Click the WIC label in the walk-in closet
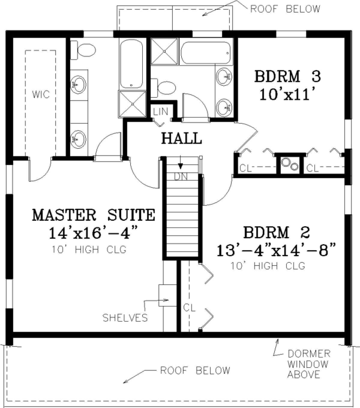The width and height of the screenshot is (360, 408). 41,94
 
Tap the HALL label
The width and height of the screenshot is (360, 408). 181,138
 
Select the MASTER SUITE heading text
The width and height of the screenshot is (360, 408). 94,215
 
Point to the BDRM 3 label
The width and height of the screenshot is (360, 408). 287,76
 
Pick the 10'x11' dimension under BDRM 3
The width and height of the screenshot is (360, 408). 287,94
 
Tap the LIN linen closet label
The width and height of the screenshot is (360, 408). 160,111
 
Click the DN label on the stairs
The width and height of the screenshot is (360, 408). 181,177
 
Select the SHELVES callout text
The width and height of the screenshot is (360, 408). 125,318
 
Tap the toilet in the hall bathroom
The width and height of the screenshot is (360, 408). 163,88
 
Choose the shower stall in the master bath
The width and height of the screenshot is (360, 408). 132,104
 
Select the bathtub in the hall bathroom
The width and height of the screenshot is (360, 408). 205,53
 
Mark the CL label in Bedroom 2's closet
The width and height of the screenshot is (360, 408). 189,307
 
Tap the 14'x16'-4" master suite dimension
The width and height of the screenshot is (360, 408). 94,233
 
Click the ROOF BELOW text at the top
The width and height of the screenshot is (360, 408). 285,9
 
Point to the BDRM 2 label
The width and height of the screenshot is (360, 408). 276,232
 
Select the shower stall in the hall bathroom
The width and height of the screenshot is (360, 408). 165,52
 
